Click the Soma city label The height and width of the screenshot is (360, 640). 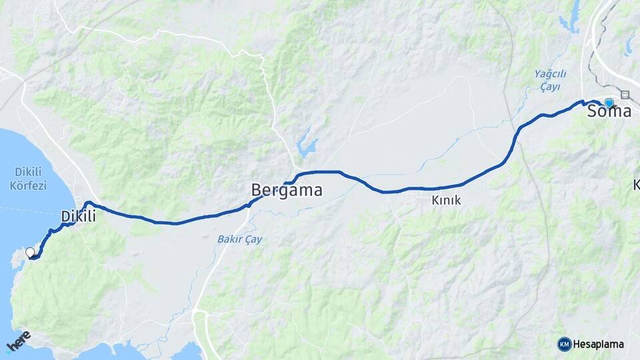click(x=609, y=112)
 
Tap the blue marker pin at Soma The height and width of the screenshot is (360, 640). click(x=609, y=103)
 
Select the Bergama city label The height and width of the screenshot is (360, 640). click(x=287, y=191)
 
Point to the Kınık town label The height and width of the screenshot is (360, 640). click(x=446, y=200)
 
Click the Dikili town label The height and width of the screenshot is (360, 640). click(x=79, y=217)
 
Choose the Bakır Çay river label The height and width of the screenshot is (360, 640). click(x=240, y=239)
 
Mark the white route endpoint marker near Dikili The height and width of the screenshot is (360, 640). click(x=30, y=252)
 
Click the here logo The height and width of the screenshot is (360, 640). click(x=18, y=341)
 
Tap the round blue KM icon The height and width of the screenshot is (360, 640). click(x=564, y=344)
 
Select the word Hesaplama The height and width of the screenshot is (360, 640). click(x=599, y=345)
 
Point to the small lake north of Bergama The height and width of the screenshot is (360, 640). click(x=307, y=147)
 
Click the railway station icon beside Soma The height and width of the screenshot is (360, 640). click(x=625, y=95)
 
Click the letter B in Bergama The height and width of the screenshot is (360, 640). click(x=257, y=191)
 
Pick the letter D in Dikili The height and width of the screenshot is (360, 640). click(x=65, y=217)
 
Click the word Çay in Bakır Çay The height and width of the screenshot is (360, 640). click(x=253, y=239)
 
